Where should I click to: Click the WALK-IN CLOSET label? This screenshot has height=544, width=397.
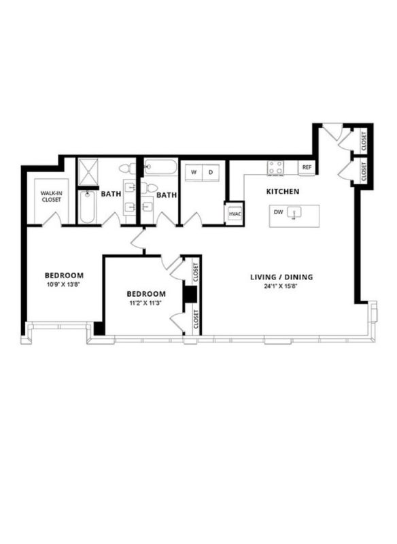[51, 197]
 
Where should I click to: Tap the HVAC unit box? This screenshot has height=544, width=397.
[235, 214]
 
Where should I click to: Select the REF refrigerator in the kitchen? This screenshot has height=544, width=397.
[307, 167]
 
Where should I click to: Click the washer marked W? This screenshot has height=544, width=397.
[194, 172]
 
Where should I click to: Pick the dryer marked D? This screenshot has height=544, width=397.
[211, 172]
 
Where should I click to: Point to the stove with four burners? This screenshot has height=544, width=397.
[275, 168]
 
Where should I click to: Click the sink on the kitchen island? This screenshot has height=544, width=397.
[295, 212]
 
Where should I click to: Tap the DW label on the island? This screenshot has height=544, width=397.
[279, 212]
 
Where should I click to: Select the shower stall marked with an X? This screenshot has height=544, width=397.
[88, 172]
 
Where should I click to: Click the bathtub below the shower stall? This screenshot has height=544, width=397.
[87, 207]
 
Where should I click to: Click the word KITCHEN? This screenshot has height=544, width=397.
[283, 192]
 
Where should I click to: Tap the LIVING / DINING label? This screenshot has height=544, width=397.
[281, 277]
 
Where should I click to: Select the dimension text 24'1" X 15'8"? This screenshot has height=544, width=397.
[281, 286]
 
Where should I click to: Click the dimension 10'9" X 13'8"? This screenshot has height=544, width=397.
[64, 284]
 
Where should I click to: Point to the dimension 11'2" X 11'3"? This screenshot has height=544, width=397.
[146, 303]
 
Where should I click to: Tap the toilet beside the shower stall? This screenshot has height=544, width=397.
[127, 169]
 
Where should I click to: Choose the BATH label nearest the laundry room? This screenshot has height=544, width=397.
[167, 195]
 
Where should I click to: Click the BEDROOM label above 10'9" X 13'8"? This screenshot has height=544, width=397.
[64, 275]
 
